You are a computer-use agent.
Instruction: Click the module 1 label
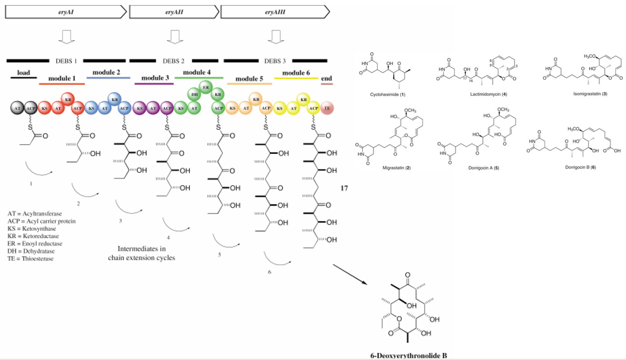[62, 78]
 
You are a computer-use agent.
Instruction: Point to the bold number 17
[344, 188]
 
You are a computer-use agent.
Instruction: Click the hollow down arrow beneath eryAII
[173, 39]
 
